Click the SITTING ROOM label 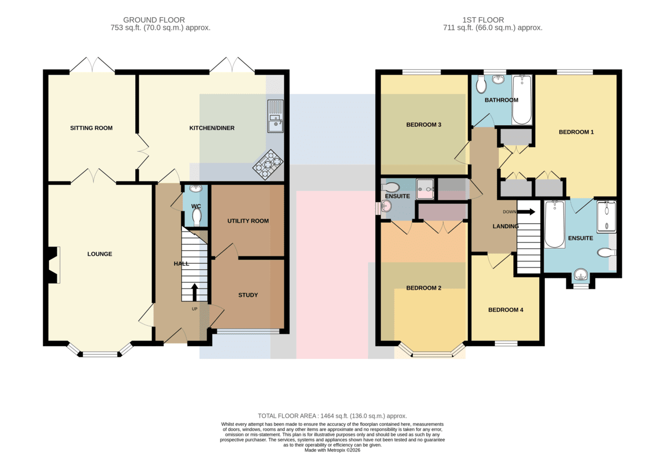coord(91,128)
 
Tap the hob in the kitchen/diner coord(268,164)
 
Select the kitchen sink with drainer coord(275,116)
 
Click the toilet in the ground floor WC coord(197,218)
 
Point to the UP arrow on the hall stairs coord(195,292)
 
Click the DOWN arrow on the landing coord(526,212)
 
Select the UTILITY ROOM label coord(248,221)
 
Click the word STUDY coord(248,295)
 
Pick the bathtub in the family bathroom coord(521,100)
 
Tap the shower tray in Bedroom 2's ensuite coord(425,189)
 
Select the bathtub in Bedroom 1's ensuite coord(555,224)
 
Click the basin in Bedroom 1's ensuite coord(580,275)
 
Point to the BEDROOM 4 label coord(505,310)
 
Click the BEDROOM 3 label coord(423,125)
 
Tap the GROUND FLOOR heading coord(154,20)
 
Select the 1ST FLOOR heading coord(483,20)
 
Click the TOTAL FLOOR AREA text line coord(332,416)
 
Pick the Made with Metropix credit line coord(332,450)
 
